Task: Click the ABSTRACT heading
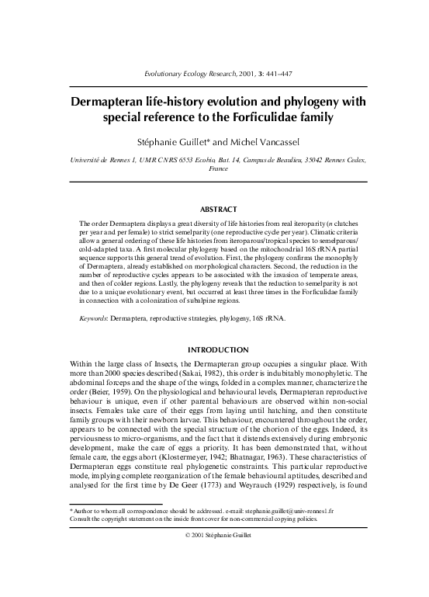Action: tap(213, 210)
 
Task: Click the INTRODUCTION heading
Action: tap(213, 349)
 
